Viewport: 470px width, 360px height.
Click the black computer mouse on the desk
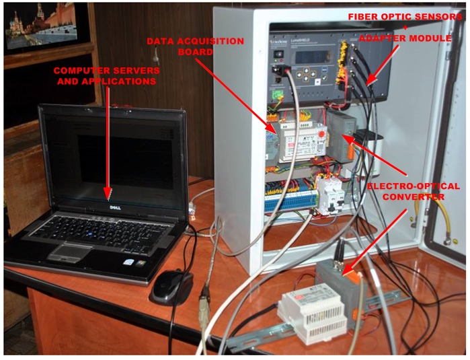[x=171, y=287]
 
